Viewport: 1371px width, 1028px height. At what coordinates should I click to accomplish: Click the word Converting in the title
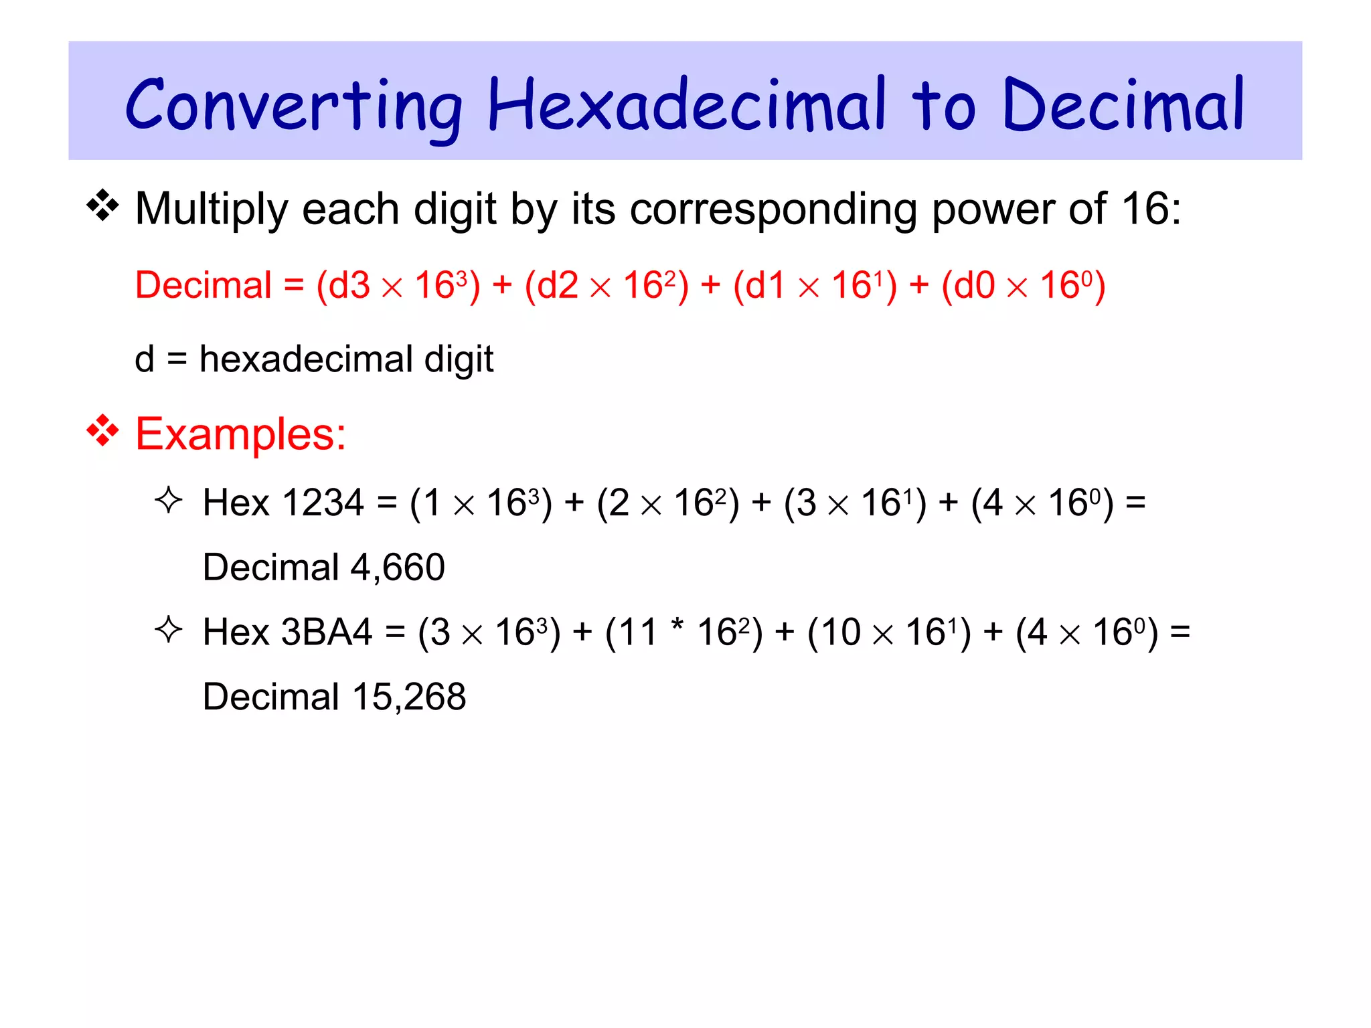click(293, 106)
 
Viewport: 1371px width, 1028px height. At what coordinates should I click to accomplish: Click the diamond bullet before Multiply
click(102, 206)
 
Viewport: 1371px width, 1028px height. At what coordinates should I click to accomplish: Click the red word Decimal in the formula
click(204, 285)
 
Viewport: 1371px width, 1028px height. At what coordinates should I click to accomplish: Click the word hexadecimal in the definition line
click(306, 359)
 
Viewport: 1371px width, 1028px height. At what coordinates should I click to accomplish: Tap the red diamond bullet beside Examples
click(102, 431)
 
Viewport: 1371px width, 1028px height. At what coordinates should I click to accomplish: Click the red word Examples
click(240, 434)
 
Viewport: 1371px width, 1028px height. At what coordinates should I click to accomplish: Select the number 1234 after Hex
click(323, 503)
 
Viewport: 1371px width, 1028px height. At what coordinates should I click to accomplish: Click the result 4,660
click(398, 568)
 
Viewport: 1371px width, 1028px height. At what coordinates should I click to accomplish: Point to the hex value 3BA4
click(327, 632)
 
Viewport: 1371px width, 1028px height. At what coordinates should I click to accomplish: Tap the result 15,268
click(409, 697)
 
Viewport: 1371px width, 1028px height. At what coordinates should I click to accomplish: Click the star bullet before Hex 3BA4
click(168, 630)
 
